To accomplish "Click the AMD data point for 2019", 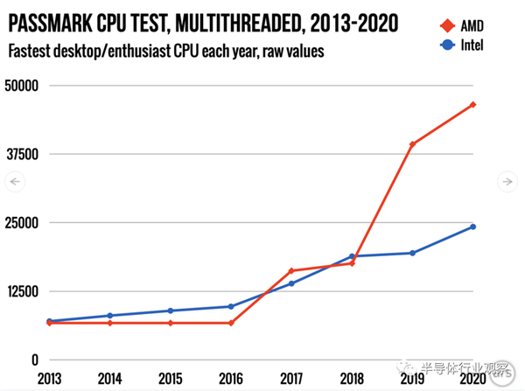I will (x=412, y=144).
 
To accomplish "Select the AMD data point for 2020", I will (x=472, y=105).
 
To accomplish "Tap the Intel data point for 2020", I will (x=472, y=227).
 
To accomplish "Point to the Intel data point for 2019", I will (x=412, y=253).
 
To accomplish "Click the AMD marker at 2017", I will (x=291, y=271).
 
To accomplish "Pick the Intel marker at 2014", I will (x=109, y=316).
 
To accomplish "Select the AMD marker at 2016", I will (x=231, y=323).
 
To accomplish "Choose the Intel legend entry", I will (x=456, y=45).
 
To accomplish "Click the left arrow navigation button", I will (x=15, y=182).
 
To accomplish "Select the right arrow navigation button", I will (x=508, y=182).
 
